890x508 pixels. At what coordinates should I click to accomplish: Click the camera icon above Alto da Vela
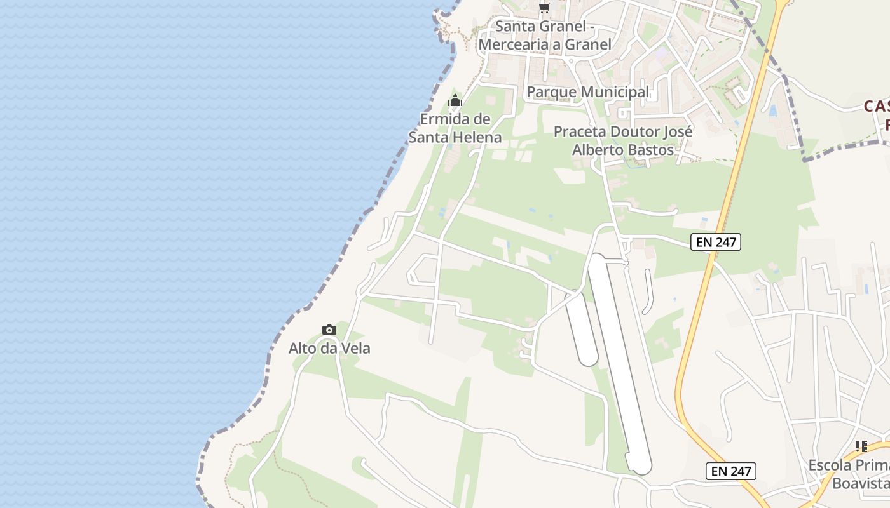[x=329, y=330]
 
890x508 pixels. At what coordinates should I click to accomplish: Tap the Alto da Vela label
[x=329, y=348]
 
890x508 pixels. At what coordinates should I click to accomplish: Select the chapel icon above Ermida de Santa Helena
[x=455, y=101]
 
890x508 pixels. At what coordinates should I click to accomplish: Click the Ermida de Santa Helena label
[x=455, y=128]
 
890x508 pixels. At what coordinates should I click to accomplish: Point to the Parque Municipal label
[x=588, y=92]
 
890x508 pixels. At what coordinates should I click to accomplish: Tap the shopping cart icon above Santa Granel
[x=544, y=8]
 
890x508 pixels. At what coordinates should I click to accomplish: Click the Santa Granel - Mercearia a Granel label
[x=545, y=36]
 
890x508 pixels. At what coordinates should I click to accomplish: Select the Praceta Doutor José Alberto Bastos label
[x=623, y=140]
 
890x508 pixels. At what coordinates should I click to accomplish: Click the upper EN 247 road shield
[x=716, y=241]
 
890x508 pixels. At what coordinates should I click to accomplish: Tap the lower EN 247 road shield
[x=730, y=471]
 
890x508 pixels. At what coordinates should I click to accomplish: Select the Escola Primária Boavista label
[x=849, y=474]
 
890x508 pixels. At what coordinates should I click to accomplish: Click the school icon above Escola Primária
[x=861, y=446]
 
